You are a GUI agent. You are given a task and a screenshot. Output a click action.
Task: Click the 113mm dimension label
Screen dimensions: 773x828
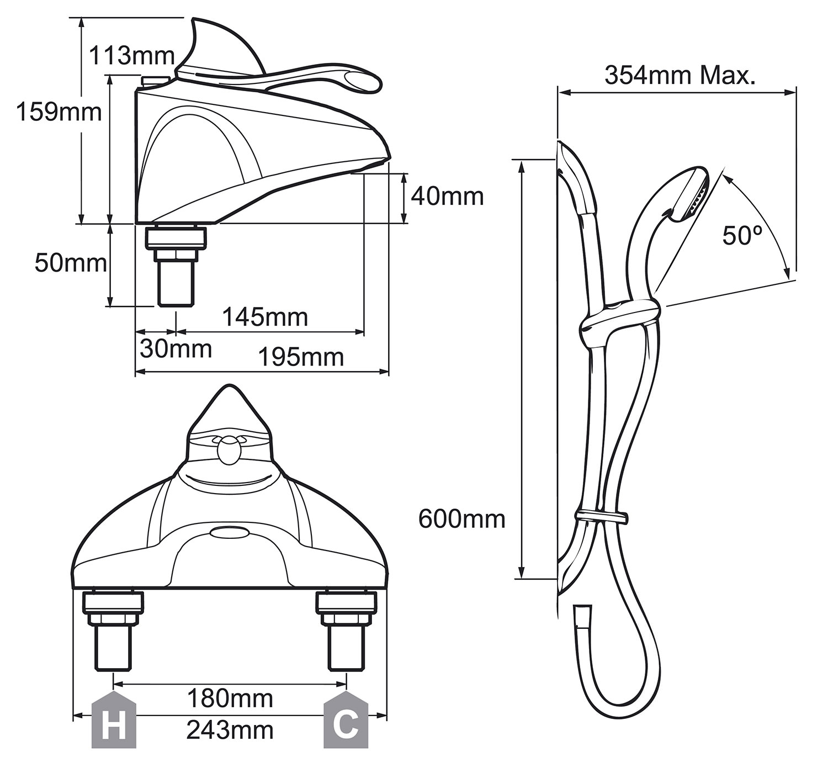point(132,56)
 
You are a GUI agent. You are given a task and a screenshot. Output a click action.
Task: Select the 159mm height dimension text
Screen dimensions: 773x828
point(59,112)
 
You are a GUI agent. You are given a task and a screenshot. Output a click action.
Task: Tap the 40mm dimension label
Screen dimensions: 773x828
point(447,197)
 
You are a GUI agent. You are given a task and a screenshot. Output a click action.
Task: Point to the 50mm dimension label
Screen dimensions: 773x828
point(71,263)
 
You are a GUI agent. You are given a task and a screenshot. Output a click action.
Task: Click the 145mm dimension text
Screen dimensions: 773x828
point(265,317)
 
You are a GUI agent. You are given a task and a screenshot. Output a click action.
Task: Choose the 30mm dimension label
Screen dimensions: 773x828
point(176,349)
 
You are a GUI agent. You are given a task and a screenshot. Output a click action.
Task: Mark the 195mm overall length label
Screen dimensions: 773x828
point(301,358)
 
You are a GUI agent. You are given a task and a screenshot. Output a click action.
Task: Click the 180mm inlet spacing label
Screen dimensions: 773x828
point(230,698)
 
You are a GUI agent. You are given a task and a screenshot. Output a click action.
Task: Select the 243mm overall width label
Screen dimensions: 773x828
point(230,730)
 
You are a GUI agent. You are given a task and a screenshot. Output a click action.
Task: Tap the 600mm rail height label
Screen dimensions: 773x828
point(462,519)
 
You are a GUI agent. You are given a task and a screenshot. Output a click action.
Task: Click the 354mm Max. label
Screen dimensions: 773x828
point(680,75)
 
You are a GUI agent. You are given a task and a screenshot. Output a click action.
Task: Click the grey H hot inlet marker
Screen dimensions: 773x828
point(114,724)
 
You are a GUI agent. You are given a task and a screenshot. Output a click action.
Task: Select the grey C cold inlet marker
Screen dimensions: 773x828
point(346,724)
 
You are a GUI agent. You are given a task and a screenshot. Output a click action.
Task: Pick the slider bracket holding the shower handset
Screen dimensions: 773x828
point(618,320)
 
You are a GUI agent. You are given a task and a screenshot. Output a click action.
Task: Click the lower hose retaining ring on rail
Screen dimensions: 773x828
point(602,517)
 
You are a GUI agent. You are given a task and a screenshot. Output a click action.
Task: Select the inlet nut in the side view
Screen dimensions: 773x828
point(176,237)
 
